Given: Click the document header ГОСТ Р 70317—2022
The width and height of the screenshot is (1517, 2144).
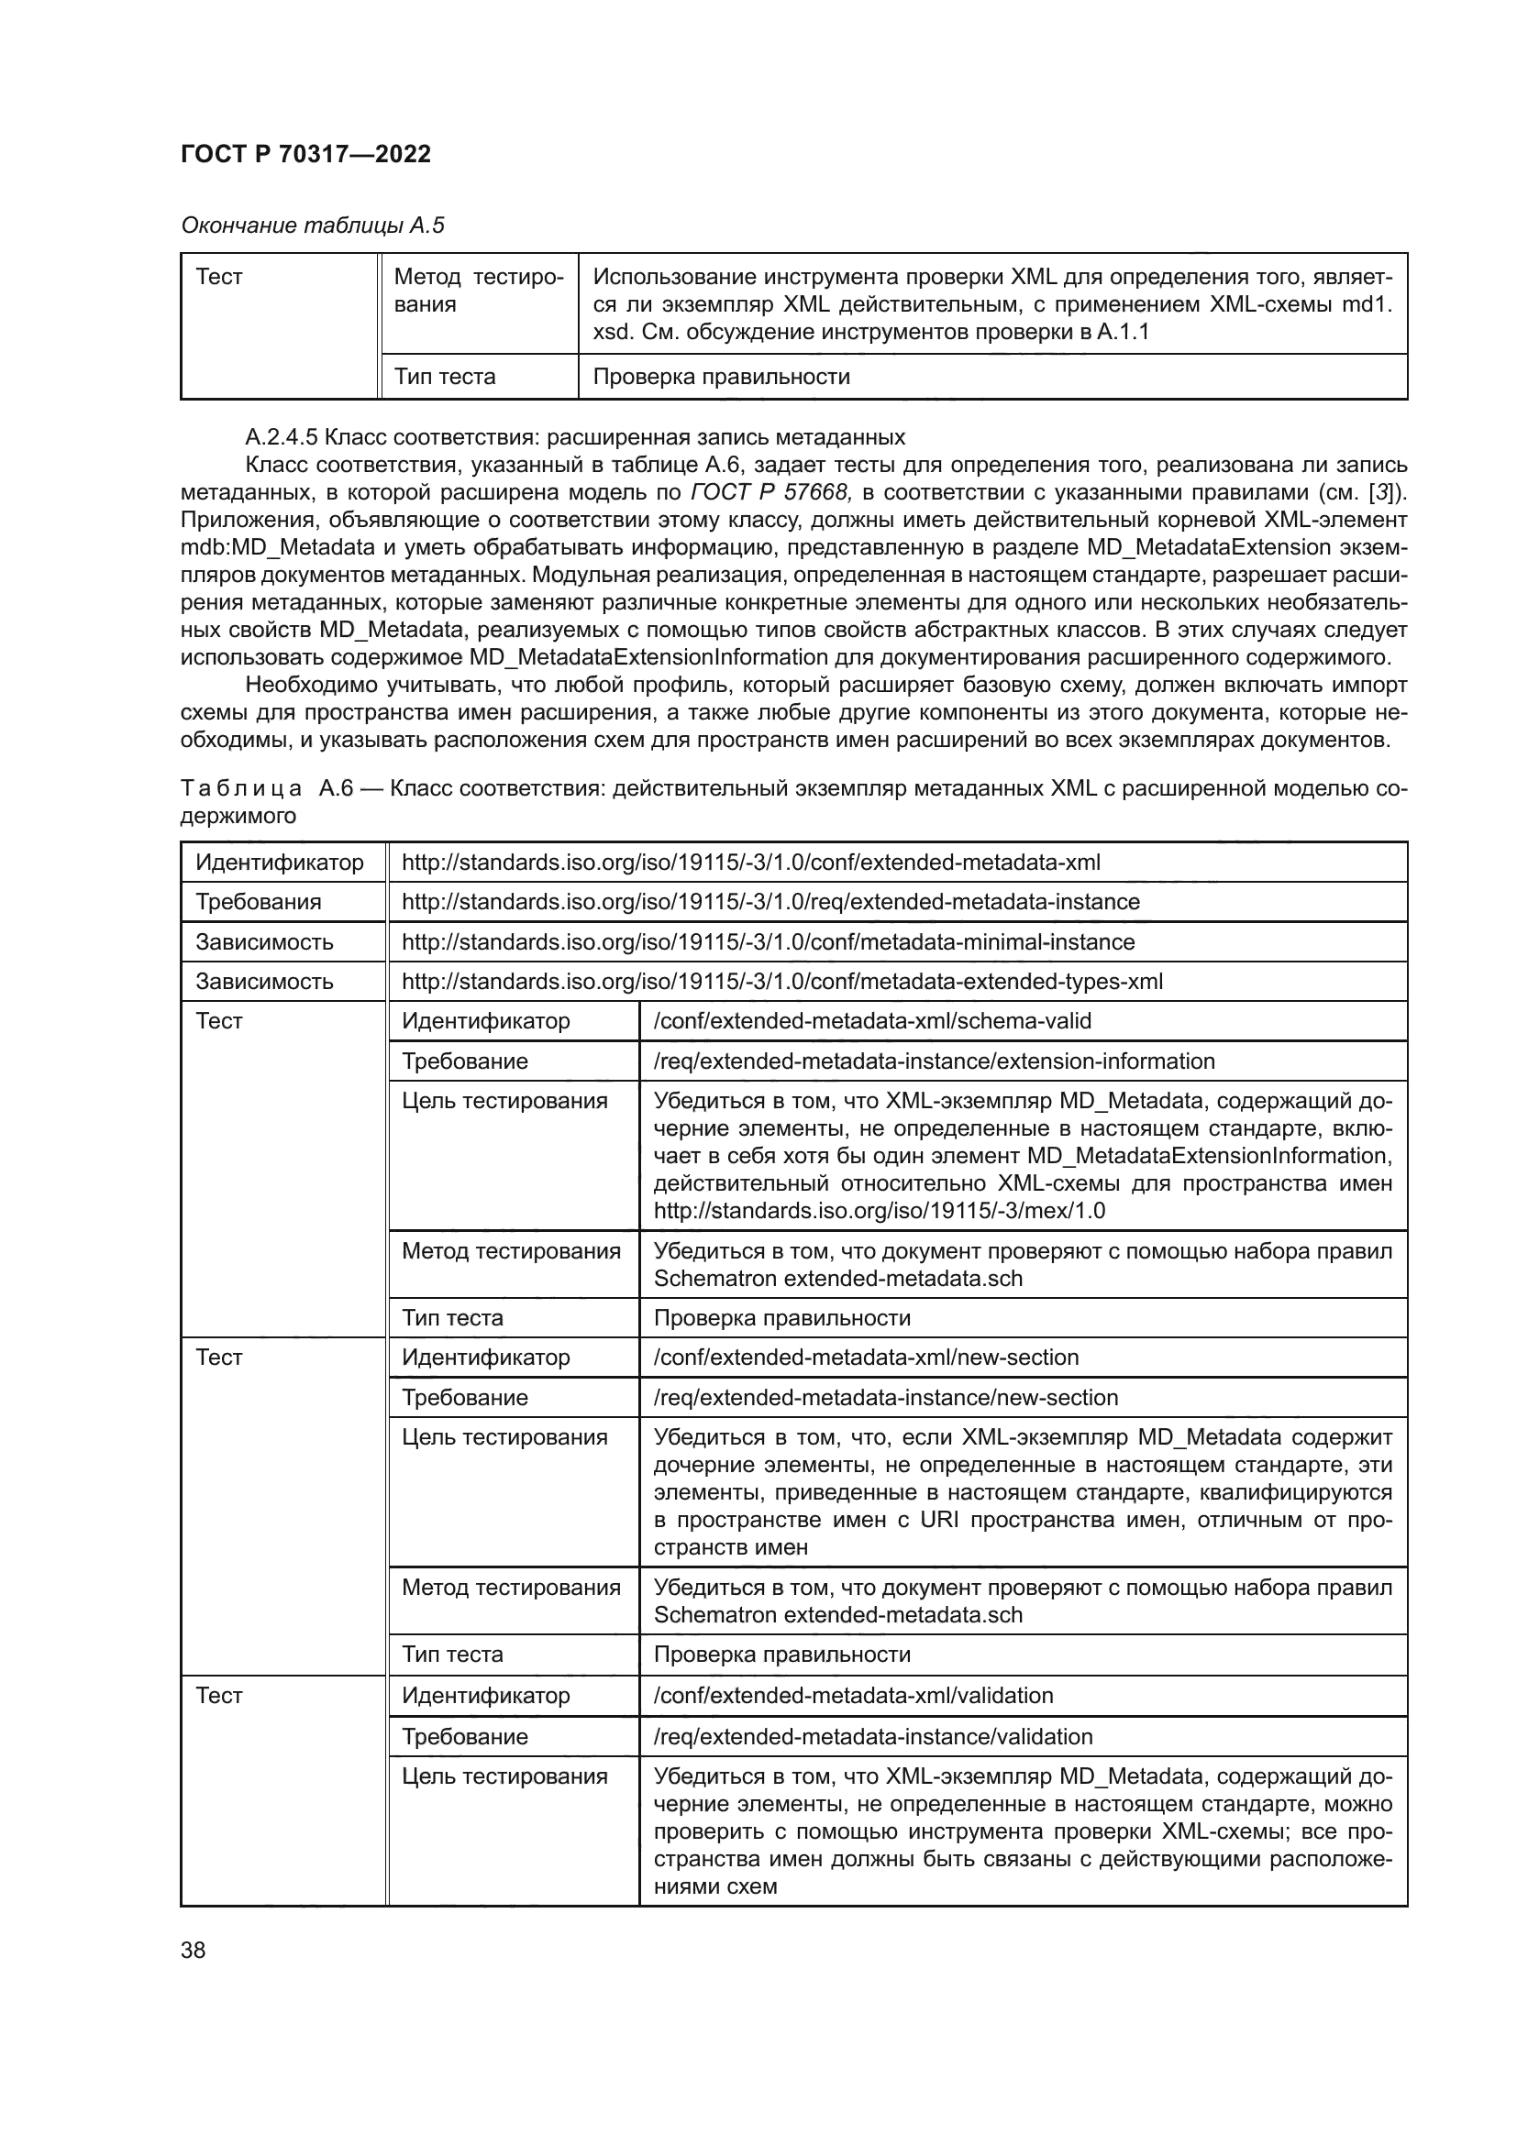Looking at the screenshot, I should [x=305, y=154].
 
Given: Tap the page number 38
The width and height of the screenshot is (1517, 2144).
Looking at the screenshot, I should [x=194, y=1950].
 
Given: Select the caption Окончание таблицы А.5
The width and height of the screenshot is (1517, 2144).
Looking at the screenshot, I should [x=312, y=225].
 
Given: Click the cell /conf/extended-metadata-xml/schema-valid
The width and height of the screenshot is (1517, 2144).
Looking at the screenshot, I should [x=872, y=1020].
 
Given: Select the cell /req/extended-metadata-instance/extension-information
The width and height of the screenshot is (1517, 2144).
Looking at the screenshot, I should [x=934, y=1061].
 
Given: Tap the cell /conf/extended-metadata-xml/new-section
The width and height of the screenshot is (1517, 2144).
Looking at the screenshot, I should [x=866, y=1357].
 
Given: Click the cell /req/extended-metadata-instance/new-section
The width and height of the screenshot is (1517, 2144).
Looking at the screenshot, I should [x=886, y=1397].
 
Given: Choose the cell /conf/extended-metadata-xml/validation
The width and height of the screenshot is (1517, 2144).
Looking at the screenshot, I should [x=853, y=1695].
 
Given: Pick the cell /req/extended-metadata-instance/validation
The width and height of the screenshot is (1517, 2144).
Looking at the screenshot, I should [x=872, y=1736].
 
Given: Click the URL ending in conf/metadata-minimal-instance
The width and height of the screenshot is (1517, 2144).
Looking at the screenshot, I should [x=768, y=941].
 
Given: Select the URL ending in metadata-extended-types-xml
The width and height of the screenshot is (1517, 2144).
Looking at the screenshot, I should [x=781, y=981].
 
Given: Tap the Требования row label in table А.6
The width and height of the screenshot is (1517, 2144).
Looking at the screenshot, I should [x=259, y=901].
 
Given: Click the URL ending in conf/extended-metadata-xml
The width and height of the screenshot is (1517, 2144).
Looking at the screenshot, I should [x=751, y=861].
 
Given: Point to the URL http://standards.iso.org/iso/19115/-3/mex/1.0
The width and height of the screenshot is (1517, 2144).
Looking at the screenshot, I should [x=879, y=1210].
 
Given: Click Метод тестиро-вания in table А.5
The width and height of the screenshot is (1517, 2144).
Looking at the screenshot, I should [x=478, y=291].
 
